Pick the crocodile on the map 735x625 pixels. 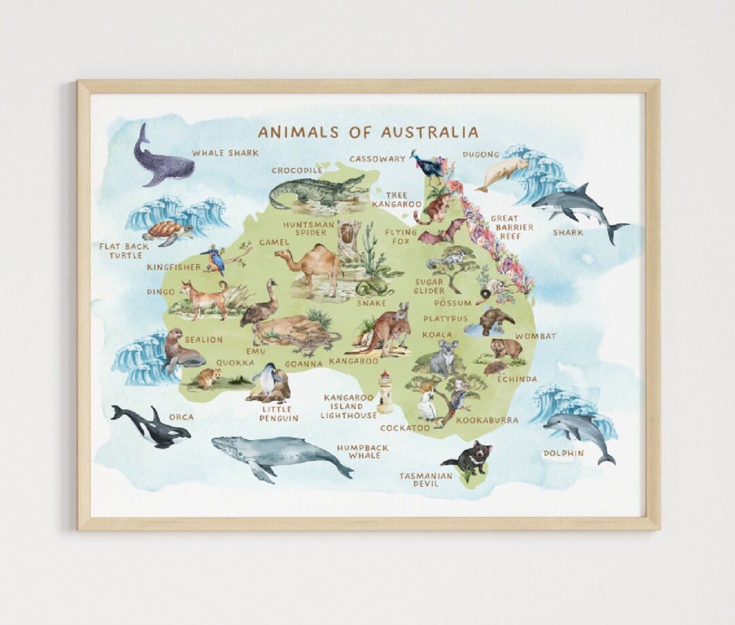[x=316, y=191]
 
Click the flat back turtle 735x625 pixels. [x=166, y=231]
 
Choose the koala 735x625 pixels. [x=444, y=357]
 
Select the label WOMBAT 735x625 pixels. [x=535, y=336]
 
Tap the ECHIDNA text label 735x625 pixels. [x=517, y=379]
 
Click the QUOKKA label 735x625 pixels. [x=235, y=364]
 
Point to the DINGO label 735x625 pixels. [x=161, y=292]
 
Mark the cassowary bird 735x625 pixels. [x=430, y=165]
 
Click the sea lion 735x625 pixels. [x=180, y=351]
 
